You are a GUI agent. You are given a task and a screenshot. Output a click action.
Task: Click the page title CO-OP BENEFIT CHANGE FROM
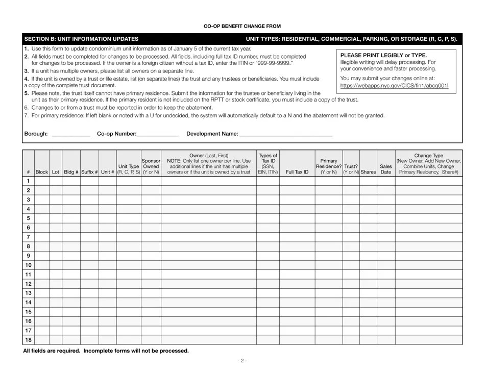point(243,26)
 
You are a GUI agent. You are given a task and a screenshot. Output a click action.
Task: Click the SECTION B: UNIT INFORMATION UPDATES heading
point(81,39)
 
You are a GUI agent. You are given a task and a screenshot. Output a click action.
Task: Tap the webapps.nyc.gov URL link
point(394,86)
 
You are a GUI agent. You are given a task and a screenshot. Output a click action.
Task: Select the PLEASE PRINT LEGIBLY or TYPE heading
point(383,55)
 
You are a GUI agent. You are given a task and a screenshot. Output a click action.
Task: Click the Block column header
point(42,172)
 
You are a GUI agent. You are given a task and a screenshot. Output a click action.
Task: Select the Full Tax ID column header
point(297,172)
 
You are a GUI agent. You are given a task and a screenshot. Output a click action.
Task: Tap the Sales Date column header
point(386,169)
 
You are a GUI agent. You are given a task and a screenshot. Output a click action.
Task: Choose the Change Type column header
point(429,164)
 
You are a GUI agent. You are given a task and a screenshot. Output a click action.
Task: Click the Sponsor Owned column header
point(151,166)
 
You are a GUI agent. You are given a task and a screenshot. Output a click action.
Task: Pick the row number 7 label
point(28,237)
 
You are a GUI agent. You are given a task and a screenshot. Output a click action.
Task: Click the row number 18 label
point(28,340)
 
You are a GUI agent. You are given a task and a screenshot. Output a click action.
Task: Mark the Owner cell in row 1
point(209,181)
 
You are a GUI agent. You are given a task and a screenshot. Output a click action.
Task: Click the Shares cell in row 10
point(368,265)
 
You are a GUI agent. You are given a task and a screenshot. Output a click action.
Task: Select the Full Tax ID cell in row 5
point(297,218)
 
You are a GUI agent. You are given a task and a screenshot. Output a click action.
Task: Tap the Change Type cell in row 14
point(429,303)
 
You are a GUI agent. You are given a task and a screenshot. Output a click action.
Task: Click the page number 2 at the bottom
point(243,361)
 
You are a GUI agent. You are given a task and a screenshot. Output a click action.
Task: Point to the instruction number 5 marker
point(27,93)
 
